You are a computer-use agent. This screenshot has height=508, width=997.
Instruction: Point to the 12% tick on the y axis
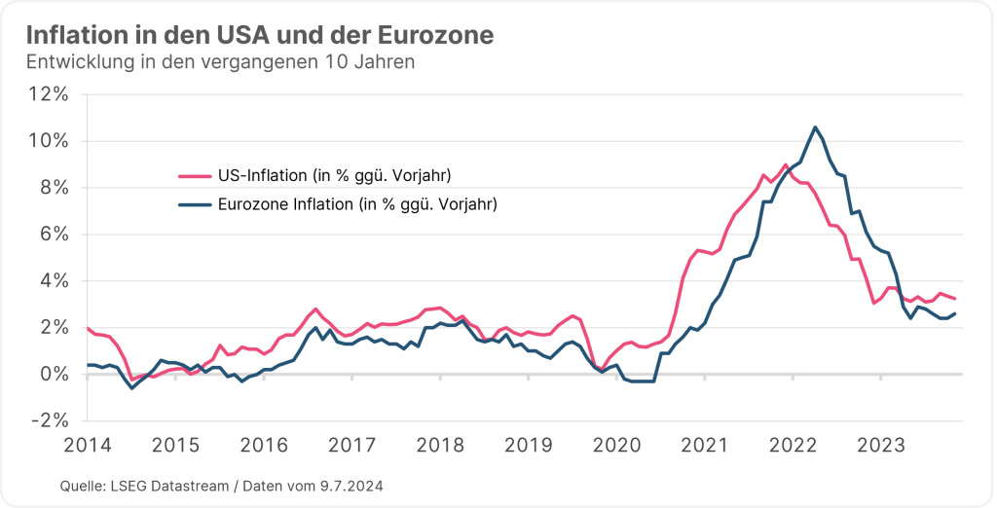pyautogui.click(x=48, y=94)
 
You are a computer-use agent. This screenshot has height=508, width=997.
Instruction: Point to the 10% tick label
pyautogui.click(x=48, y=141)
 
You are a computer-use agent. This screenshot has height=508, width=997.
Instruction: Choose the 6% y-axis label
pyautogui.click(x=53, y=235)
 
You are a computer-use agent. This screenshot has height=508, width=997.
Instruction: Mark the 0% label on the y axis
pyautogui.click(x=53, y=375)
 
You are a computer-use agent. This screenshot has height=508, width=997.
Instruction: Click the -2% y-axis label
pyautogui.click(x=50, y=421)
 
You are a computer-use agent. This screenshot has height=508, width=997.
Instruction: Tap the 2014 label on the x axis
pyautogui.click(x=87, y=445)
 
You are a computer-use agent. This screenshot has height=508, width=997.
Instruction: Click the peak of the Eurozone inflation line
pyautogui.click(x=815, y=127)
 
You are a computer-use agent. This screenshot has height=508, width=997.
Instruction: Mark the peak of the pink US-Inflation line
pyautogui.click(x=786, y=164)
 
